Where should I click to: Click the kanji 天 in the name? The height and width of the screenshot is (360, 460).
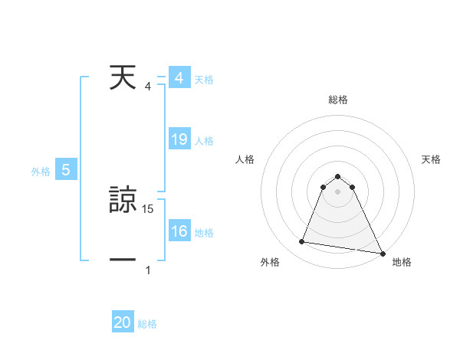pyautogui.click(x=122, y=79)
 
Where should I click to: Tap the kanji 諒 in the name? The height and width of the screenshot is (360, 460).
pyautogui.click(x=123, y=201)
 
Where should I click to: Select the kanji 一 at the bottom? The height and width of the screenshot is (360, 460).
pyautogui.click(x=123, y=260)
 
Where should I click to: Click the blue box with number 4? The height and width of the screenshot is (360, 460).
pyautogui.click(x=179, y=79)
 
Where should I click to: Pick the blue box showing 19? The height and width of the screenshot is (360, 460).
pyautogui.click(x=179, y=140)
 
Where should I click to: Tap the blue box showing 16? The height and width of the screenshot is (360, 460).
pyautogui.click(x=179, y=231)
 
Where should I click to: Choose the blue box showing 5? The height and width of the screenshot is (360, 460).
pyautogui.click(x=66, y=171)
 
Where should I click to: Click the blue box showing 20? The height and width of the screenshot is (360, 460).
pyautogui.click(x=122, y=322)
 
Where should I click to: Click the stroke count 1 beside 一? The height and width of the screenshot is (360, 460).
pyautogui.click(x=148, y=270)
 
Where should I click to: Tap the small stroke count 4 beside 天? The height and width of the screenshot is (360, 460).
pyautogui.click(x=148, y=87)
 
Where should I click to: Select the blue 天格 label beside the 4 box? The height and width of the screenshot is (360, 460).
pyautogui.click(x=204, y=80)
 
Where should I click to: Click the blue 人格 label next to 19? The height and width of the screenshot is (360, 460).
pyautogui.click(x=204, y=141)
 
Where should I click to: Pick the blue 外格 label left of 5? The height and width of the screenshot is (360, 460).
pyautogui.click(x=41, y=172)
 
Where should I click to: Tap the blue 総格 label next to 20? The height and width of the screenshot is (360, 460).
pyautogui.click(x=147, y=324)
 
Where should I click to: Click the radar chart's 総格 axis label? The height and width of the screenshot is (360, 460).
pyautogui.click(x=338, y=100)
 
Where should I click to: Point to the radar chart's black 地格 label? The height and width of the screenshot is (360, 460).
pyautogui.click(x=402, y=262)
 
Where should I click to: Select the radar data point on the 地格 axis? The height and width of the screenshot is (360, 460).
pyautogui.click(x=382, y=253)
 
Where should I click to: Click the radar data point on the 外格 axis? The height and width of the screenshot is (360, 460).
pyautogui.click(x=302, y=242)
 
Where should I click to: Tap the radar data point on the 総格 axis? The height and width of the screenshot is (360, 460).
pyautogui.click(x=338, y=174)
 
